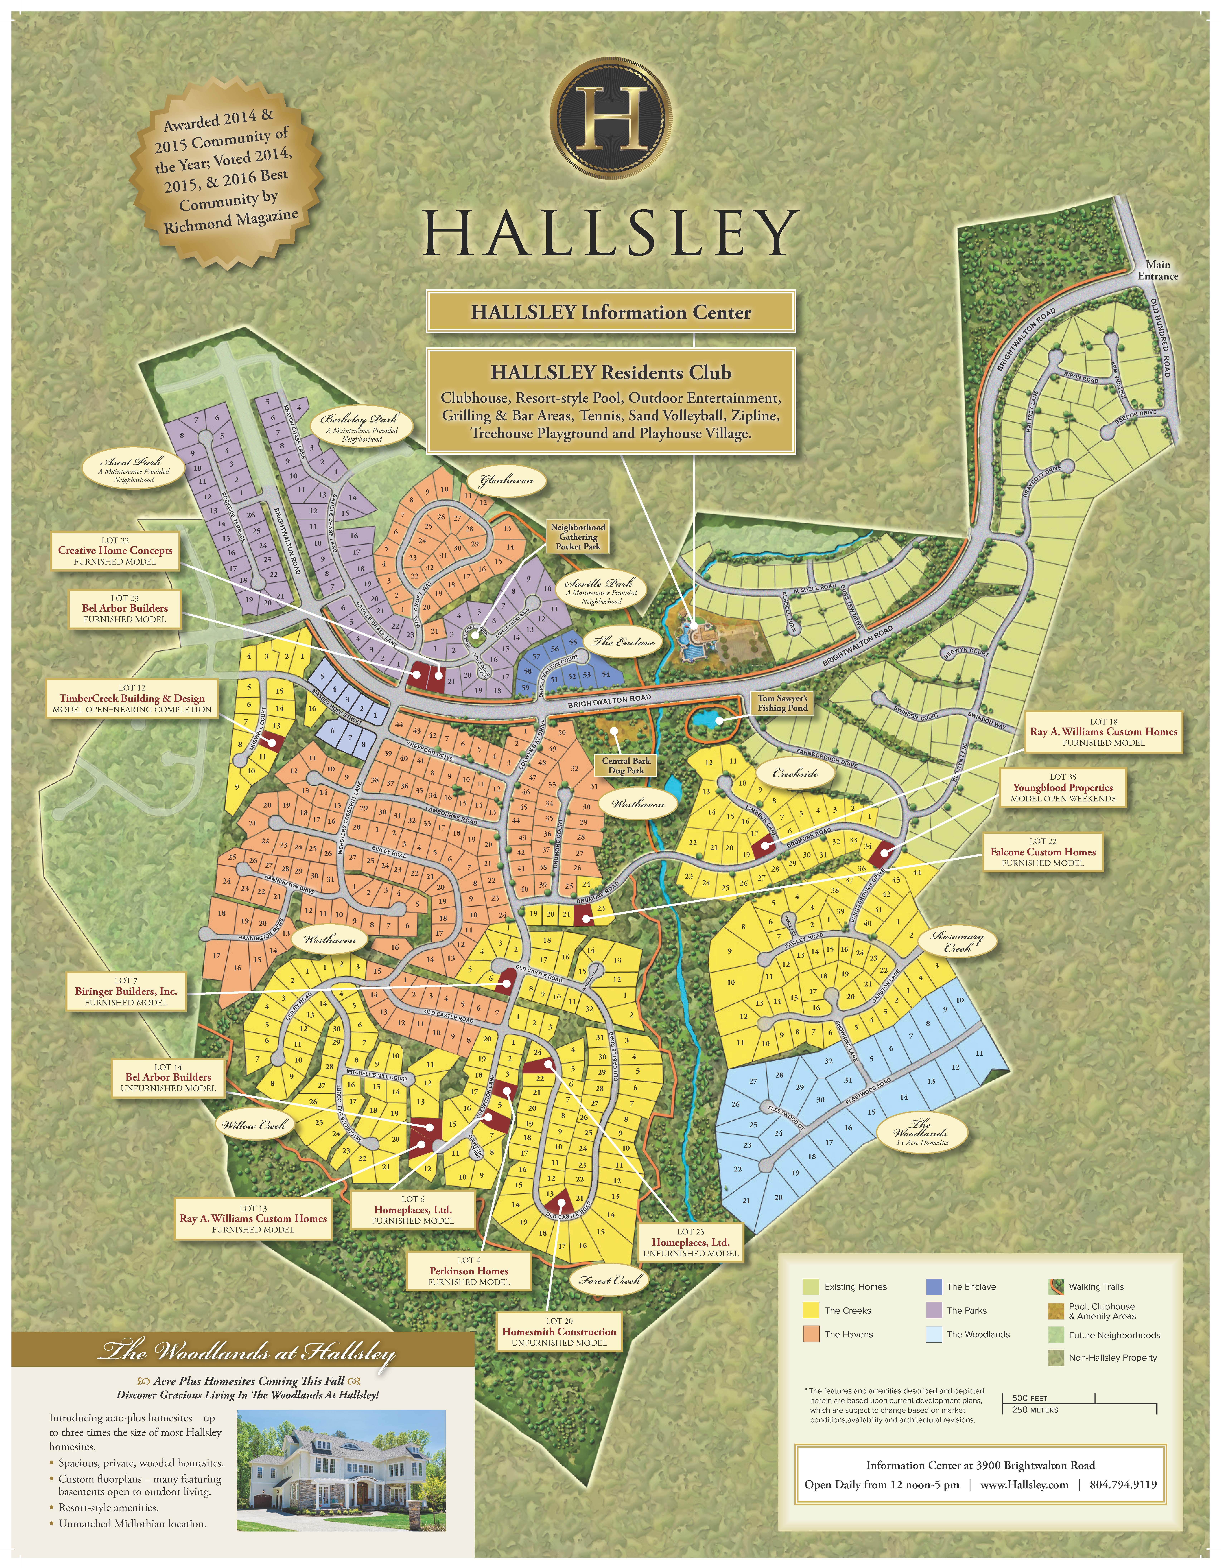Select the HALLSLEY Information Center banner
[611, 312]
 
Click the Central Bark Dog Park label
[626, 765]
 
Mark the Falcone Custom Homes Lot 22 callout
[1043, 852]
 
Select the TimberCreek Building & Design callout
[132, 699]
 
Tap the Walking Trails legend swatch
[1056, 1287]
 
